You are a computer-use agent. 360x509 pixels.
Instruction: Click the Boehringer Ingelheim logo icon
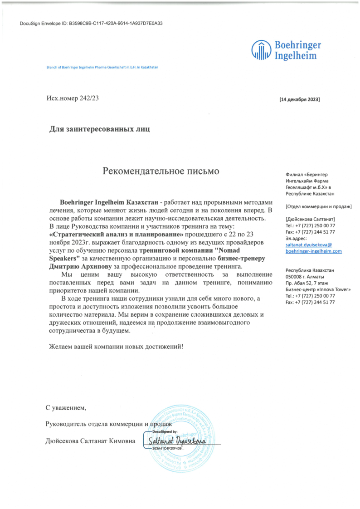tap(261, 49)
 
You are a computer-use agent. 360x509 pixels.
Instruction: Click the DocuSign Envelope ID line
tap(91, 23)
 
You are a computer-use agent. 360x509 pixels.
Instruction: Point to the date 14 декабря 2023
tap(300, 99)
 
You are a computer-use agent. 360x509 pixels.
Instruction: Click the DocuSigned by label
tap(165, 432)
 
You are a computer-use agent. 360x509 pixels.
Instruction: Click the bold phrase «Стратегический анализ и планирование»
tap(116, 234)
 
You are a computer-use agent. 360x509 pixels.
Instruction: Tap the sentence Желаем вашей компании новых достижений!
tap(116, 346)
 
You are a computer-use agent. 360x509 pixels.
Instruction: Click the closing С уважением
tap(66, 408)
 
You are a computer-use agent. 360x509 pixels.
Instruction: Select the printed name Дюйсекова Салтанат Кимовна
tap(90, 440)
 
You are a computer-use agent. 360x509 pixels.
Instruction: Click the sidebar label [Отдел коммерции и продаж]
tap(319, 206)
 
